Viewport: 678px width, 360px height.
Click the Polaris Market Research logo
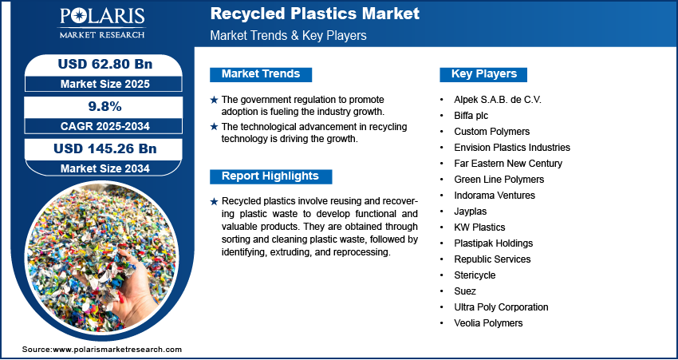(102, 22)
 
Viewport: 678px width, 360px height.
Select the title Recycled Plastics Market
(315, 14)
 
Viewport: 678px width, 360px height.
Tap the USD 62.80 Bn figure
(105, 64)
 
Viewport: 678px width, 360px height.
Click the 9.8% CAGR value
(105, 106)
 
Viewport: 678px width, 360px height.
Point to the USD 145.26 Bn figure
(105, 148)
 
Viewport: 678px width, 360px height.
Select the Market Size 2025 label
(105, 84)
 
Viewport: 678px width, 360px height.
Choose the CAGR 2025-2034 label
(105, 126)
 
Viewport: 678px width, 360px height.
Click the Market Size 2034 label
(105, 168)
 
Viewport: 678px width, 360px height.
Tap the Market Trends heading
(261, 74)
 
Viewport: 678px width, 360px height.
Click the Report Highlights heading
(270, 176)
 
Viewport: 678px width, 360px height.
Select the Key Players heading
(484, 74)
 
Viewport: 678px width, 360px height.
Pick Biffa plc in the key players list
(471, 116)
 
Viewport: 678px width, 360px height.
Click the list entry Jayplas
(470, 212)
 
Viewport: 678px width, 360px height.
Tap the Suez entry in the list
(465, 291)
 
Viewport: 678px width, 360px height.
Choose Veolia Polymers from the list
(488, 323)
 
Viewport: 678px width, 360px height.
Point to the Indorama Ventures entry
(495, 195)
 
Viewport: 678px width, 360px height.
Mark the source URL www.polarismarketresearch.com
(117, 350)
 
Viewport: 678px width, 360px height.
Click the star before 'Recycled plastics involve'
(214, 202)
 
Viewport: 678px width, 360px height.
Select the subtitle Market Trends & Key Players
(289, 35)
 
